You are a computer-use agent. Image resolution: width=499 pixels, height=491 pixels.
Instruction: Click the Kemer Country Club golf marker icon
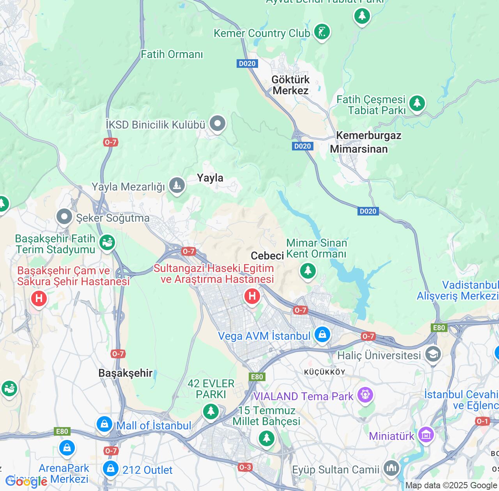[x=322, y=32]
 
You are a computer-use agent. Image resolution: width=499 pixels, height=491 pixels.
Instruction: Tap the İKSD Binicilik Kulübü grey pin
[x=218, y=124]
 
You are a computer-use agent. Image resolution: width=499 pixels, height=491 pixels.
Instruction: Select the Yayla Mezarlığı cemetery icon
[x=177, y=185]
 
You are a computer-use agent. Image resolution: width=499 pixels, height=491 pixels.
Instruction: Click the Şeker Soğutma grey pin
[x=64, y=217]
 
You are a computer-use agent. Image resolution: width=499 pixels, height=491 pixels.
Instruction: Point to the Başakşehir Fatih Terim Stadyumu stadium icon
[x=107, y=242]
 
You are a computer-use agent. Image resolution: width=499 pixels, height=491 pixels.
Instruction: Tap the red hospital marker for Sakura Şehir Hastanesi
[x=39, y=299]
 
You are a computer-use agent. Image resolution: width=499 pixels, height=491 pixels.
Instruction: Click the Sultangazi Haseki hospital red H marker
[x=252, y=296]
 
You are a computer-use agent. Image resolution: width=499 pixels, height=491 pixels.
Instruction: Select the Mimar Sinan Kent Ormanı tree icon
[x=308, y=270]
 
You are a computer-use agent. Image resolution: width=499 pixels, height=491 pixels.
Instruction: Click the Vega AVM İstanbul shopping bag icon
[x=322, y=335]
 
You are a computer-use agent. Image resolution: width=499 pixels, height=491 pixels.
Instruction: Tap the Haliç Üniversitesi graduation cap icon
[x=433, y=354]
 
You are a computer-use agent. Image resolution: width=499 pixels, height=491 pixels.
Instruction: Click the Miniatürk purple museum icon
[x=426, y=435]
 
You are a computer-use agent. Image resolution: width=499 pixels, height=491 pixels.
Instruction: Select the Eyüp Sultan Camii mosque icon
[x=391, y=468]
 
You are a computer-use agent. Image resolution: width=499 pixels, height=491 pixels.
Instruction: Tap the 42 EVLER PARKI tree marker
[x=211, y=411]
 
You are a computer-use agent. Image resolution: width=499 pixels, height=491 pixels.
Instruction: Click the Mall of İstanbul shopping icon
[x=104, y=424]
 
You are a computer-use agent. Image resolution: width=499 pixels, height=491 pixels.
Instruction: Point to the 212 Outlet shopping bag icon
[x=111, y=468]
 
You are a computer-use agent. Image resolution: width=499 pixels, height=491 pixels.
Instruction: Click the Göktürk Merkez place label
[x=290, y=85]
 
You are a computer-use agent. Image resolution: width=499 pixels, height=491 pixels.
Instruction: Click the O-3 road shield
[x=245, y=467]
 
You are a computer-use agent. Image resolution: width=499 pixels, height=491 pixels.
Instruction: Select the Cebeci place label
[x=267, y=256]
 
